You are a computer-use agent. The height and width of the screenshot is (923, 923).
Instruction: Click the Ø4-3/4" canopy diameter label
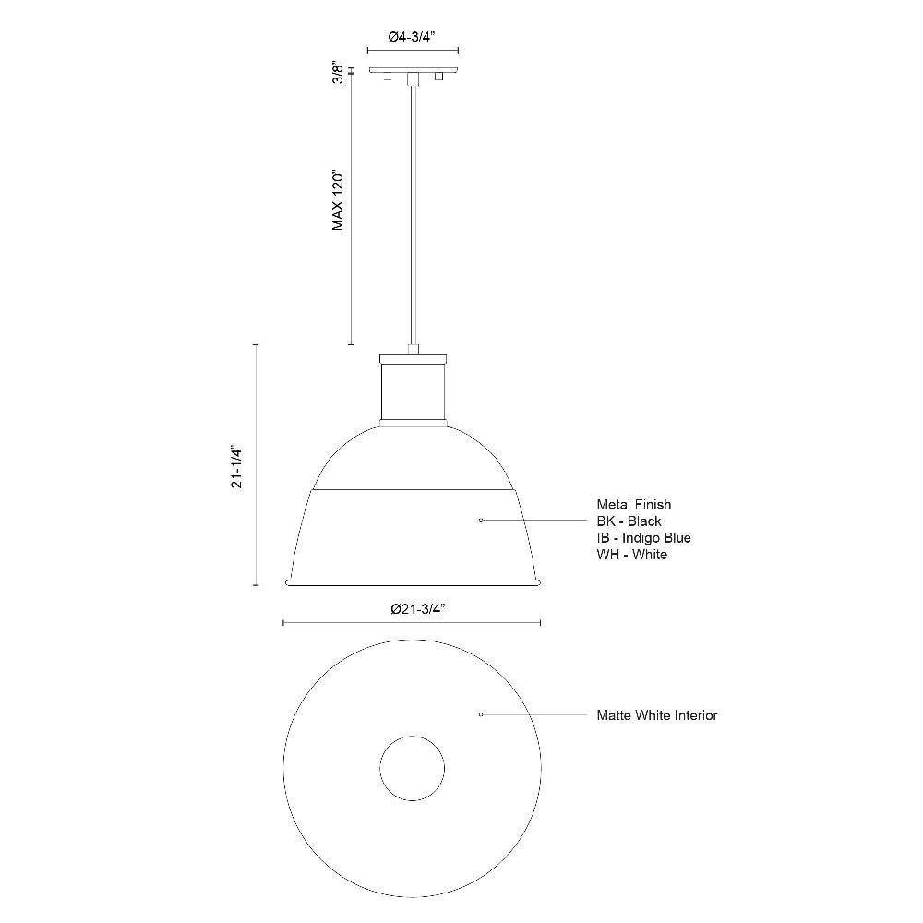coord(412,37)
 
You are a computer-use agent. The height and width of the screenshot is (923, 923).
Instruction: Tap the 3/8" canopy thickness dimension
coord(338,72)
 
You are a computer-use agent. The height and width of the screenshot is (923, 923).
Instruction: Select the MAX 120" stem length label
coord(338,200)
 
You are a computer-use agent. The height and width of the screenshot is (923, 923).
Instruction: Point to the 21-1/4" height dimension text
coord(236,466)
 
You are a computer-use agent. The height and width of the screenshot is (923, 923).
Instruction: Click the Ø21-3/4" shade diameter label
coord(417,609)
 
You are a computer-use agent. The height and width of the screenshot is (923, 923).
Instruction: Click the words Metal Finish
coord(634,505)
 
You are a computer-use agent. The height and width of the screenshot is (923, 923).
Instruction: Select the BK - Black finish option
coord(629,521)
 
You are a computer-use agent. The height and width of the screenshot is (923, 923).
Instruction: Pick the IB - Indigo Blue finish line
coord(643,537)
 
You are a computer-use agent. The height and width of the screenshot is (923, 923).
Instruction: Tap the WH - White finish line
coord(631,554)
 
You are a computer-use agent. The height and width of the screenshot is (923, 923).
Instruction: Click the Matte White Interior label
coord(657,715)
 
